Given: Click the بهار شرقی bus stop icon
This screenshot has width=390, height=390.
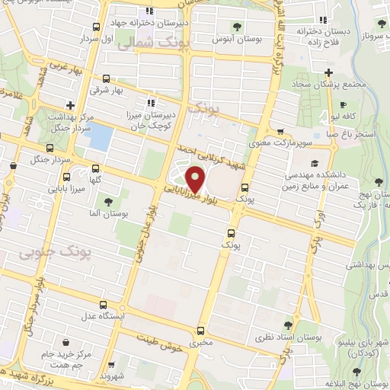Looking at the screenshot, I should click(105, 78).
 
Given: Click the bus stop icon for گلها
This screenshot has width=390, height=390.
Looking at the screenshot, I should click(94, 168).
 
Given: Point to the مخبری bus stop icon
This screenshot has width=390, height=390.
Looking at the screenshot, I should click(200, 331).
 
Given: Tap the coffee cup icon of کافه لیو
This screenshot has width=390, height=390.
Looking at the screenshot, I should click(344, 104).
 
